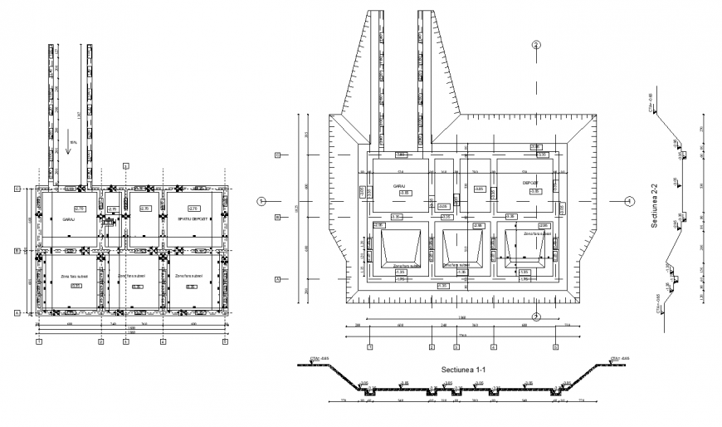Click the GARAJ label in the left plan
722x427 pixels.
(68, 220)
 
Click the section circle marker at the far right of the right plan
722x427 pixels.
(628, 201)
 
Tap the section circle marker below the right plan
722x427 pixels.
(537, 317)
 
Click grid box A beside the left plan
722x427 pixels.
(17, 313)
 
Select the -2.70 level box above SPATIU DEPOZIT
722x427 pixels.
(194, 209)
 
